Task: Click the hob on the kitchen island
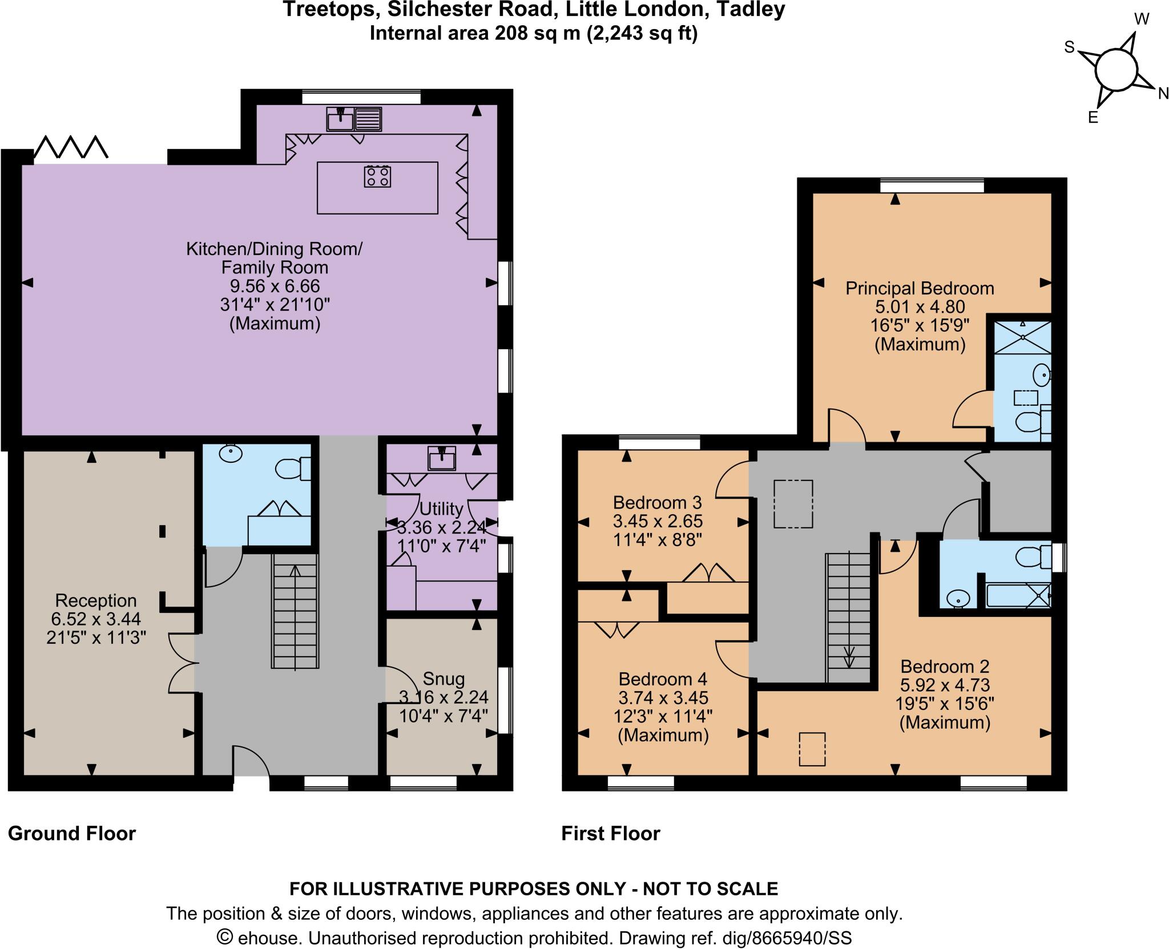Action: tap(378, 176)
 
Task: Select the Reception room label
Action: tap(96, 600)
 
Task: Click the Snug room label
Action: tap(444, 679)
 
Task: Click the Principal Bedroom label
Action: tap(920, 288)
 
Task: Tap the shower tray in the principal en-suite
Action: tap(1022, 337)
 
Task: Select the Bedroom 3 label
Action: tap(657, 503)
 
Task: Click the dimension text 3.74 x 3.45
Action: tap(663, 697)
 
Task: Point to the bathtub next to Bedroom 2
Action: tap(1018, 595)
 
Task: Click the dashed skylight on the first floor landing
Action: tap(793, 504)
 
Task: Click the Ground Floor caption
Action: tap(72, 834)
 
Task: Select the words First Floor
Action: tap(610, 834)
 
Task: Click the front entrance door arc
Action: tap(251, 759)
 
